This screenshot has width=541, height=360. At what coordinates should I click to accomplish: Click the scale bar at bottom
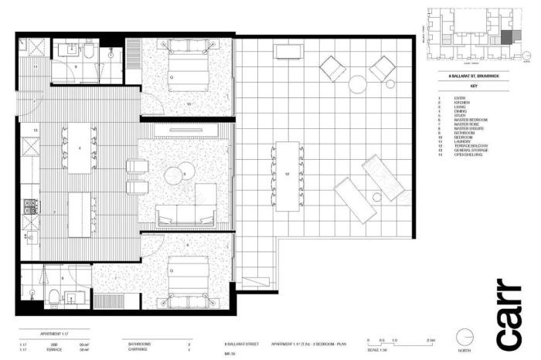click(x=394, y=340)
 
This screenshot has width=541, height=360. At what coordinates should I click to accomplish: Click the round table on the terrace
click(x=358, y=83)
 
